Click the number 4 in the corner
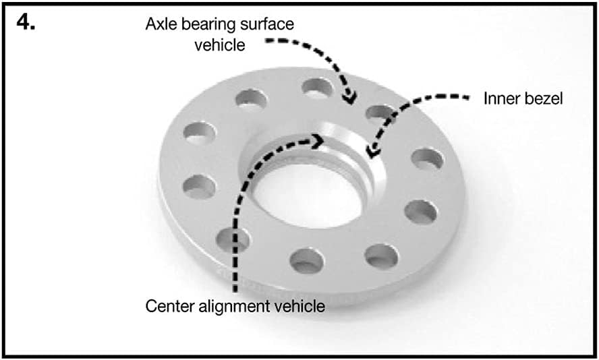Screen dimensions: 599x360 25,23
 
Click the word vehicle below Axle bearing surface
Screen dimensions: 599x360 220,45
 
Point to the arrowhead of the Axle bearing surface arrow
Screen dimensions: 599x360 349,98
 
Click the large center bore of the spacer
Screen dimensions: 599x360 308,194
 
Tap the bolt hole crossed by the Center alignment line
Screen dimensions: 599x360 233,240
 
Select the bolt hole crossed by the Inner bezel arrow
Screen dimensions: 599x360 380,115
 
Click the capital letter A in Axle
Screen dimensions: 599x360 152,24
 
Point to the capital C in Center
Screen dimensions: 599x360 151,307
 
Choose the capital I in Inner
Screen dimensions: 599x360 486,99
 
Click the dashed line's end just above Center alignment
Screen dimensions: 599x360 235,292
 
